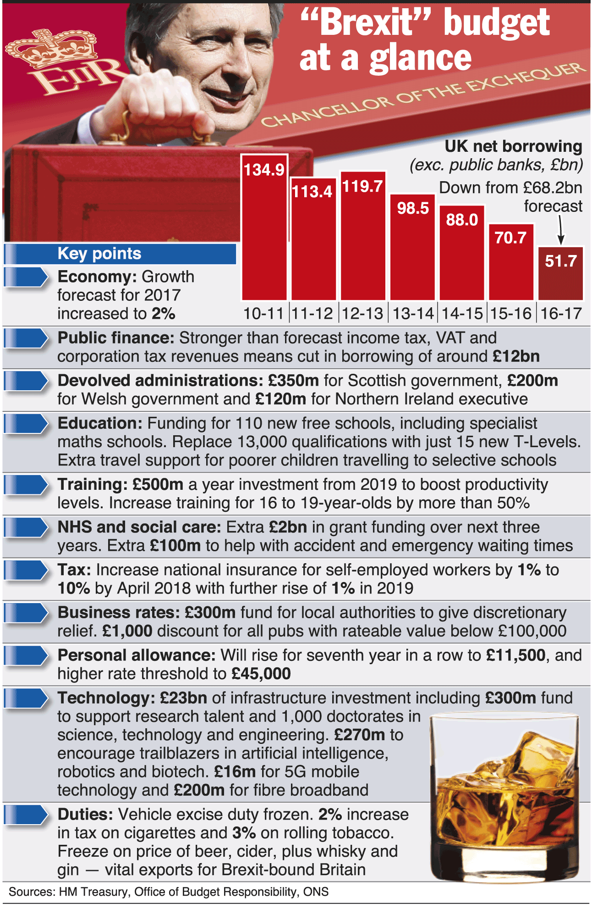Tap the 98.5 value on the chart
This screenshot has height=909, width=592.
coord(413,208)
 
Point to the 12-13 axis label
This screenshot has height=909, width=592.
coord(362,314)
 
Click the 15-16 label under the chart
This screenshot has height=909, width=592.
coord(511,314)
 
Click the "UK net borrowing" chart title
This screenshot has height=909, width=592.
coord(513,146)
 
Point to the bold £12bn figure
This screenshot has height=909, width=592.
coord(516,356)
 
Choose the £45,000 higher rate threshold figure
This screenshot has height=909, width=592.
coord(261,674)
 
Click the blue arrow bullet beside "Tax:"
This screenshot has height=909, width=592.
coord(26,570)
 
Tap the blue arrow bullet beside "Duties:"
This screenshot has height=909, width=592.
coord(26,815)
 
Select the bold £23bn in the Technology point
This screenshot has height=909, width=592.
coord(183,698)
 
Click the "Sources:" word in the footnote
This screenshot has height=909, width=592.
coord(32,892)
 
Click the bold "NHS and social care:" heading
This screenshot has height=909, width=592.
coord(139,527)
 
